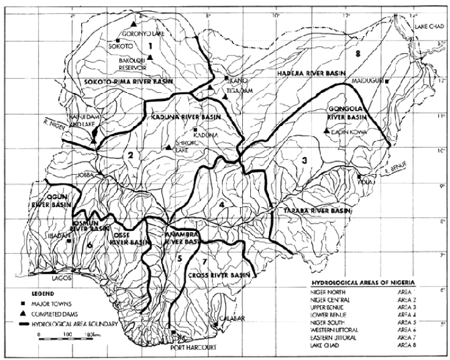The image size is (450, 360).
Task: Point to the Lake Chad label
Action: point(429,26)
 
